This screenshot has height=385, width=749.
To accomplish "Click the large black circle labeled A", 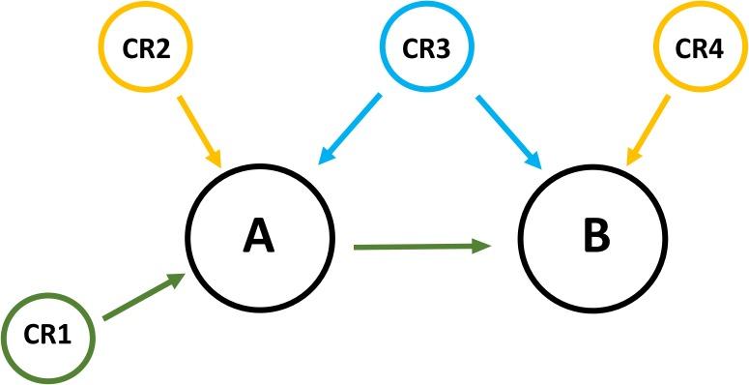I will coord(258,236).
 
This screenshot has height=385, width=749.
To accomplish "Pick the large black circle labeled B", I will coord(591,236).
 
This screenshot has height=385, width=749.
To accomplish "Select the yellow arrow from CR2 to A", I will coord(199,129).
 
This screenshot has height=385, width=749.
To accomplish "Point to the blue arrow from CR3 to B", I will coord(506,129).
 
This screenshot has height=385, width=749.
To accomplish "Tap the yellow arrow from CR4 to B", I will coord(648,129).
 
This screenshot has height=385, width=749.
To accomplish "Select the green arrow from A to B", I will coord(420,247).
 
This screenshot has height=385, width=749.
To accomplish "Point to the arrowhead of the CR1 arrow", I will coord(176,280).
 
